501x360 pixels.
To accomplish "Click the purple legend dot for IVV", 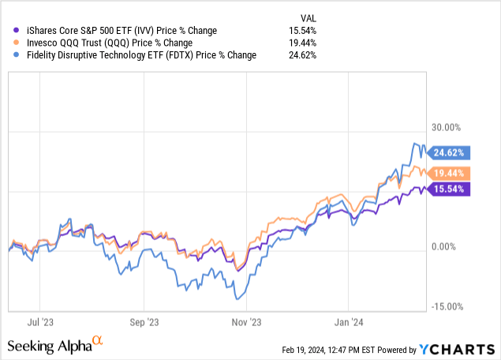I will (7, 31).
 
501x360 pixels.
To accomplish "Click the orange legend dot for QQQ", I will (7, 43).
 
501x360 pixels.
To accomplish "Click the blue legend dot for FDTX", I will (7, 54).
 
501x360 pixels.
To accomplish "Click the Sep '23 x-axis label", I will (144, 322).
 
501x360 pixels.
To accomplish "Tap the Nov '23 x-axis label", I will (246, 322).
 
